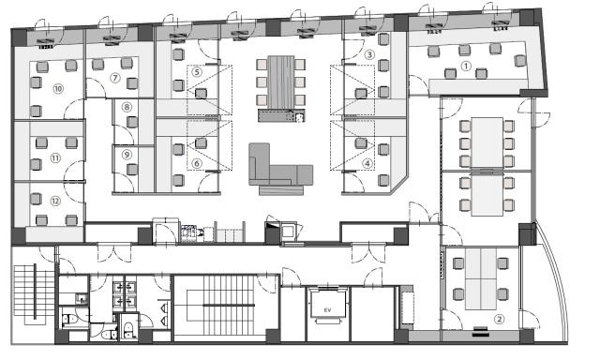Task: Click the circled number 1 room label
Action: [x=466, y=67]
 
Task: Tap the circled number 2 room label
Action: [x=499, y=319]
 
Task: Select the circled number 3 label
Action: [x=369, y=54]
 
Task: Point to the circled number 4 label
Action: [x=367, y=164]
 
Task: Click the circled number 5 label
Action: [x=197, y=71]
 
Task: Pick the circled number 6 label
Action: [x=197, y=164]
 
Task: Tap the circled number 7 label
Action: [x=114, y=78]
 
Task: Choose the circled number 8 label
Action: [x=127, y=107]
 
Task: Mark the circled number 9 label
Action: [x=127, y=155]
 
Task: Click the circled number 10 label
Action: [x=58, y=89]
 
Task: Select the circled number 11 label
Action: [x=55, y=157]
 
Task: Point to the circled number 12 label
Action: [x=55, y=201]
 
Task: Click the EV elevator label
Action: [x=327, y=310]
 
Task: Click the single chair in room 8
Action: [x=132, y=122]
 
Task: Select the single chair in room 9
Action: [x=132, y=169]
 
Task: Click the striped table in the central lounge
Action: [x=280, y=82]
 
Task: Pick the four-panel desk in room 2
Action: [x=481, y=278]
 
